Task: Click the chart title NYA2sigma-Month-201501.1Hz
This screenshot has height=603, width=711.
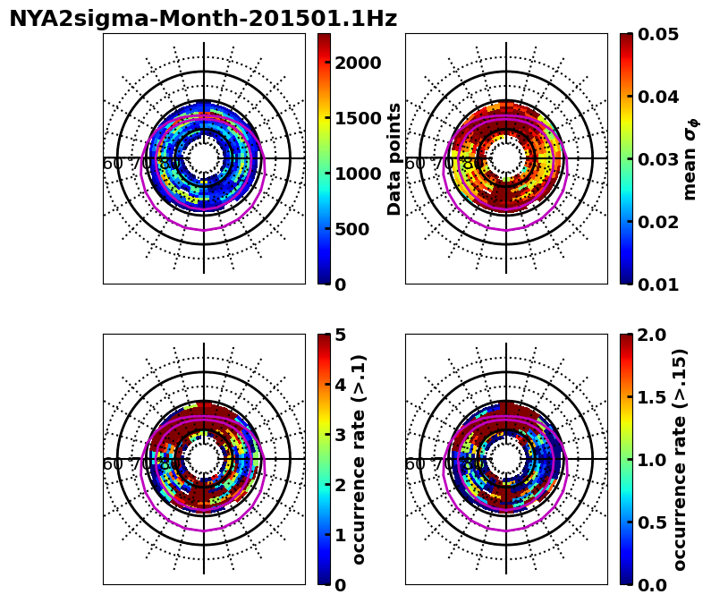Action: click(x=203, y=19)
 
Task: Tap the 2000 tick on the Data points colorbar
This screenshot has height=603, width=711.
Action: click(x=358, y=63)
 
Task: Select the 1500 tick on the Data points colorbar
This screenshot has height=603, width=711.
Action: click(x=358, y=118)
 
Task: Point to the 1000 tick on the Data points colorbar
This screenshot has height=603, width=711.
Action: click(x=358, y=174)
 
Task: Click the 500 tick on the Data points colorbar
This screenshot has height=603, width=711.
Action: click(x=352, y=229)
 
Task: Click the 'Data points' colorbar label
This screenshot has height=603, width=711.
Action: click(x=394, y=159)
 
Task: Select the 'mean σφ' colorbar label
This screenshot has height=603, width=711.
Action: click(x=690, y=159)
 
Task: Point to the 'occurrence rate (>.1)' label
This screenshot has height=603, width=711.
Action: click(x=360, y=459)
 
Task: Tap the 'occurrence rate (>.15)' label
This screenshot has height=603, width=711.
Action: click(x=679, y=459)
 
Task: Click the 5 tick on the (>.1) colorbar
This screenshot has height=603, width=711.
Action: click(x=341, y=335)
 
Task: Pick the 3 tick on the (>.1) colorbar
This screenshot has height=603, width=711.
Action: click(x=341, y=435)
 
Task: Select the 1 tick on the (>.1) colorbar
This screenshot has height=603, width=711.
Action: click(x=341, y=535)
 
